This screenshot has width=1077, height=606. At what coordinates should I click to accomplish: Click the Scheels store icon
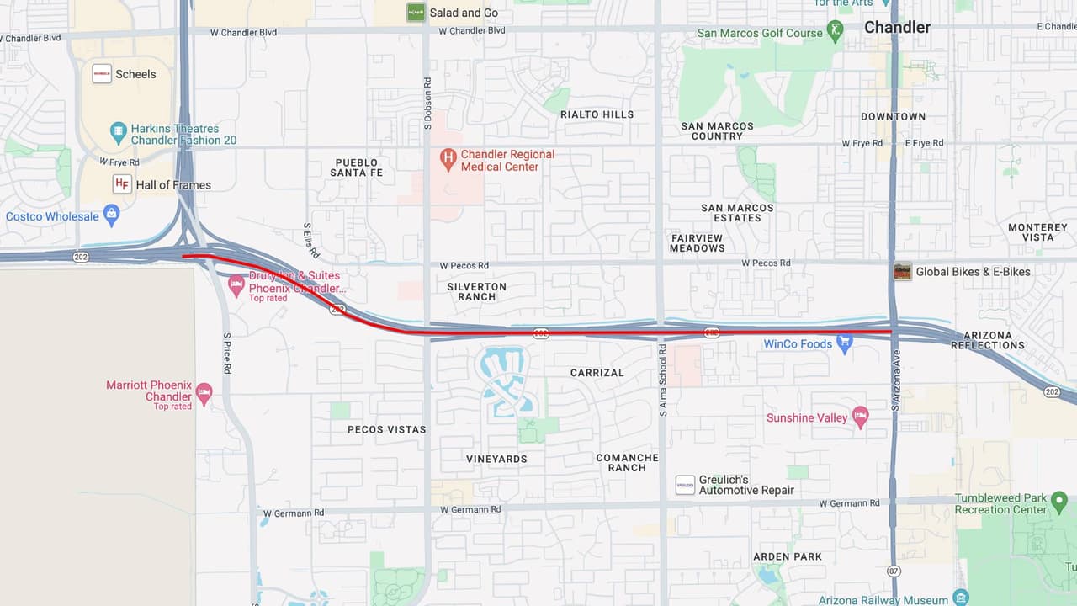coord(102,74)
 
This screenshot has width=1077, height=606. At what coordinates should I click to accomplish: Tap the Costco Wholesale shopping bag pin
coord(111,215)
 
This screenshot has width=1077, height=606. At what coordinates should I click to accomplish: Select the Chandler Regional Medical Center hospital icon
coord(448,157)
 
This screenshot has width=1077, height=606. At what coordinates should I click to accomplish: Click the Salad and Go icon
coord(416,13)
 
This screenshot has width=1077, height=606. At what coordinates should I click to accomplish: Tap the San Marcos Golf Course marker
coord(835,32)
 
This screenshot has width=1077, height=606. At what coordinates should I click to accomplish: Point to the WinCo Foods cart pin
coord(845,342)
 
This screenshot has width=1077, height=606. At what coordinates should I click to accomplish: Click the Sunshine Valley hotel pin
coord(860,417)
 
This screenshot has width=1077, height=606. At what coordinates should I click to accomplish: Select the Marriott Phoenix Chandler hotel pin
coord(204,392)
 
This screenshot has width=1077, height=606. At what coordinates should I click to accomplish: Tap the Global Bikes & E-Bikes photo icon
coord(903,272)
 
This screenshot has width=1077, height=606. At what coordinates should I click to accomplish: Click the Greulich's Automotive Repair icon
coord(685,485)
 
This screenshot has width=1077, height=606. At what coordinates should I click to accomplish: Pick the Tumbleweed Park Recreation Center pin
coord(1059,503)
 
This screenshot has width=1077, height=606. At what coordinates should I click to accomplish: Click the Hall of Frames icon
coord(122,184)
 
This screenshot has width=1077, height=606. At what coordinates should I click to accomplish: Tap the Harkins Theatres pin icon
coord(118,132)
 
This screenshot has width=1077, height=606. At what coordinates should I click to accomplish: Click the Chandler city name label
coord(897,27)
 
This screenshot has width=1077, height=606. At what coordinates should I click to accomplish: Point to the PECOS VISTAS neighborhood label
coord(387,429)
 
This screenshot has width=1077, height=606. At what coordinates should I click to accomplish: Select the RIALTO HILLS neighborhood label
coord(597,114)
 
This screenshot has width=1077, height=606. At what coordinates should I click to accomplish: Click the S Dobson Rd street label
coord(427,104)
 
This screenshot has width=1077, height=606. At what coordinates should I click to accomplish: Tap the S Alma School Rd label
coord(663,380)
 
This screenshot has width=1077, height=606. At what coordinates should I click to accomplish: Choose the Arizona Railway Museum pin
coord(961,598)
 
